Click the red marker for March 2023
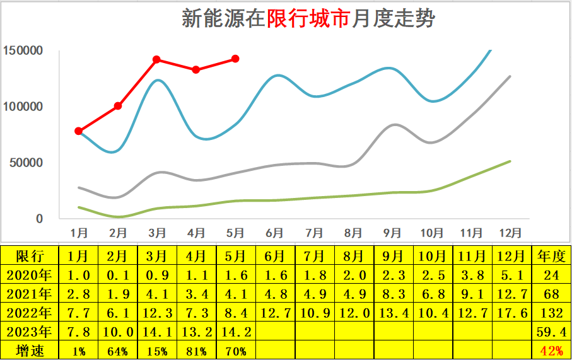(156, 60)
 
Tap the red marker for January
(79, 131)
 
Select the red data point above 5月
(235, 59)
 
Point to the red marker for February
(118, 106)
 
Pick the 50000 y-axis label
(26, 163)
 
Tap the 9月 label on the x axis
(392, 233)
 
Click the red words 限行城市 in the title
(308, 18)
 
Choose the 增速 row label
(30, 351)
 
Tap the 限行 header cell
(30, 256)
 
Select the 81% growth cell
(196, 351)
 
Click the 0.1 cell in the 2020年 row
(118, 275)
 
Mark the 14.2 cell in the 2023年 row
(235, 332)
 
